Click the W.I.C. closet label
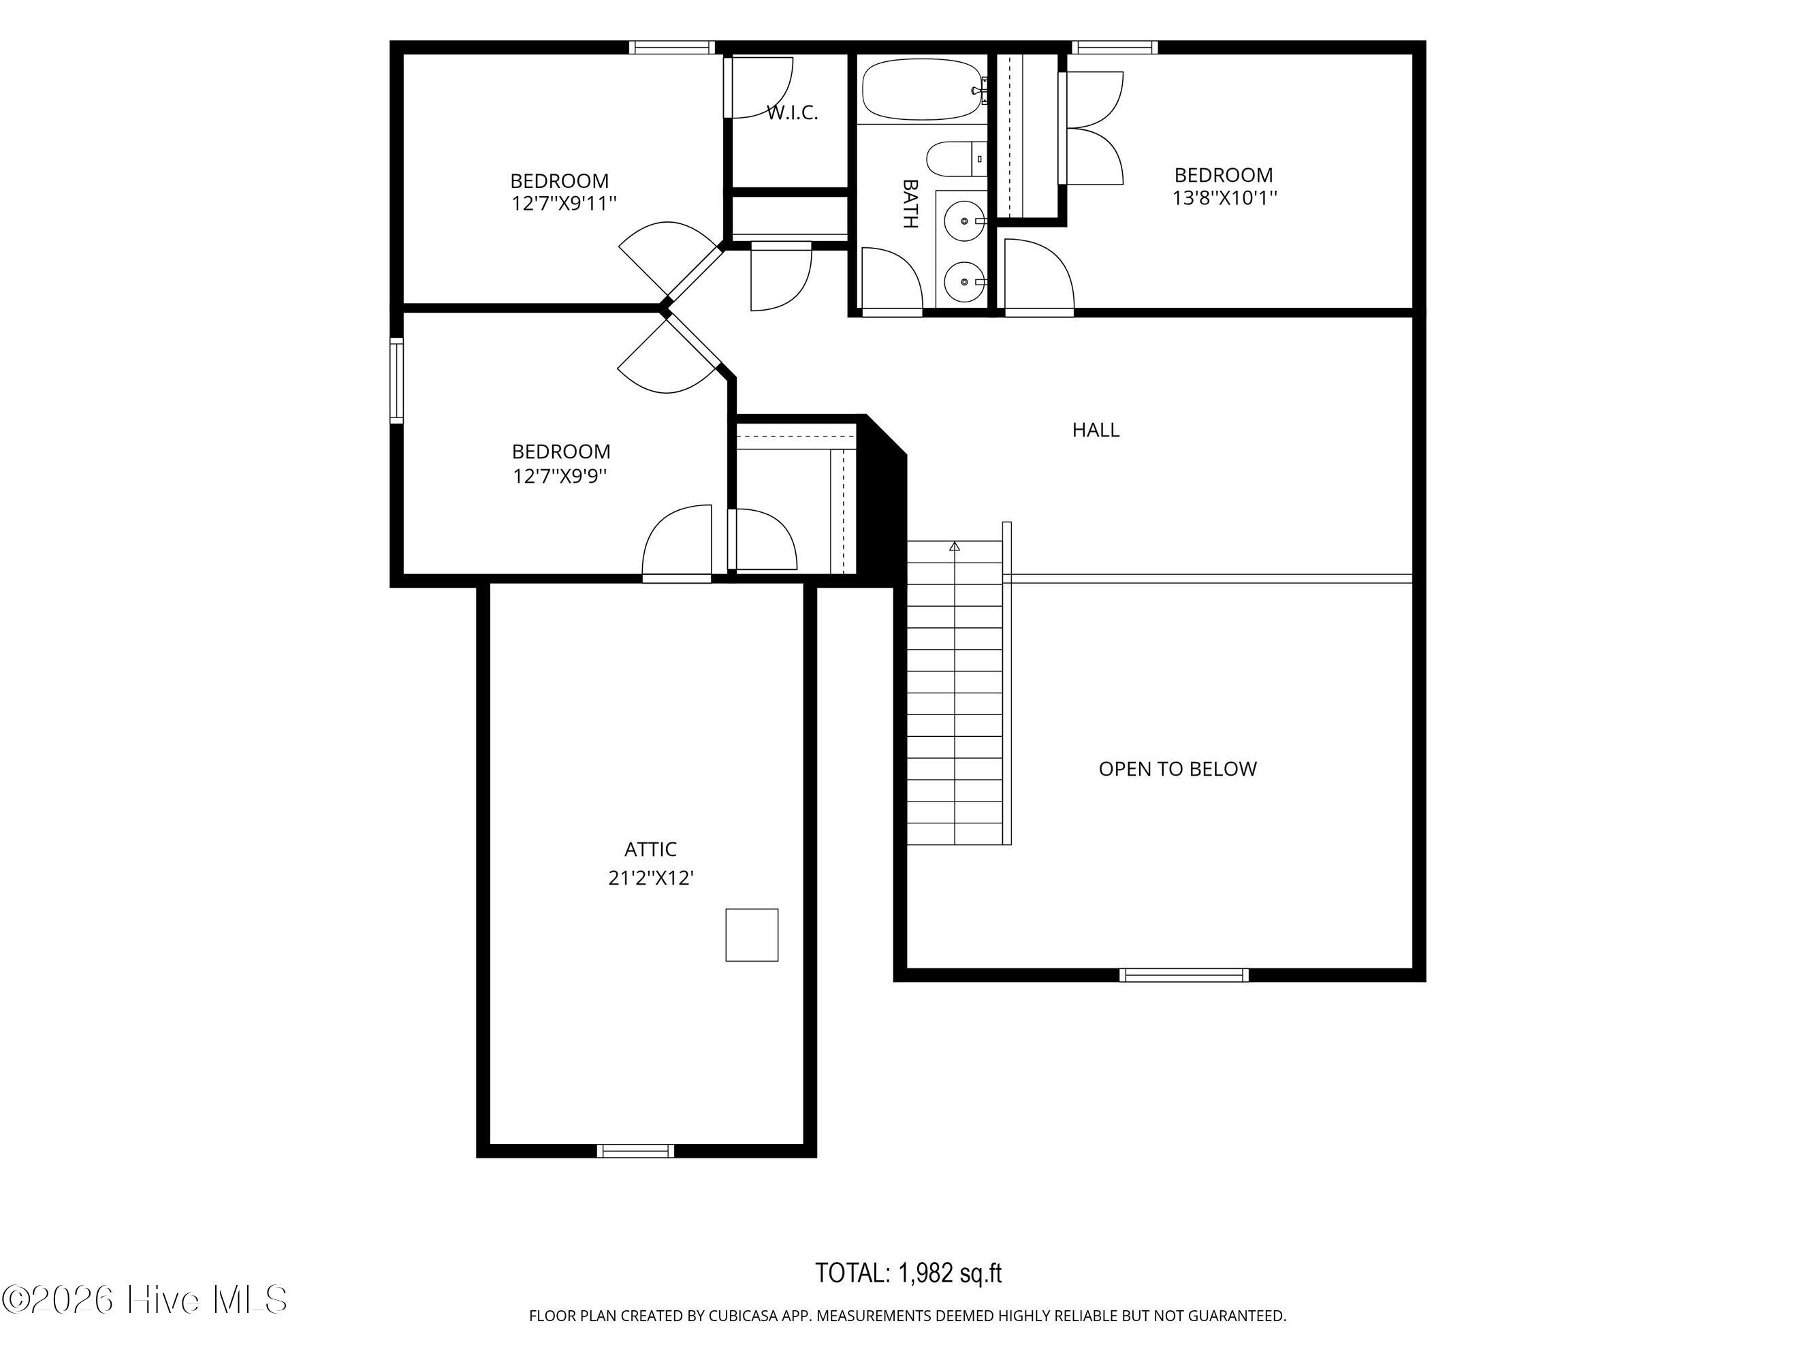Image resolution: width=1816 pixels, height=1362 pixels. (x=792, y=112)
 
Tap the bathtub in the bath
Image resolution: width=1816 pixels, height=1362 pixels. (x=922, y=89)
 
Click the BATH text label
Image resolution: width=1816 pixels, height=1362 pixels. (x=910, y=204)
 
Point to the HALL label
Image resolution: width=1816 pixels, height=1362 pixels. (x=1095, y=430)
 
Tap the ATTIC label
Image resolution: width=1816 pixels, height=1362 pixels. (x=650, y=849)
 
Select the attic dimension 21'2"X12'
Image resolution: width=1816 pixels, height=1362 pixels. (x=651, y=878)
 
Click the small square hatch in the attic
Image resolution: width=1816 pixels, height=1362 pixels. (x=751, y=934)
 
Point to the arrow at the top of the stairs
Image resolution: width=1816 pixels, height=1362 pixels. (x=954, y=546)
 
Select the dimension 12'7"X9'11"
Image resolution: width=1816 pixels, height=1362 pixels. (x=563, y=203)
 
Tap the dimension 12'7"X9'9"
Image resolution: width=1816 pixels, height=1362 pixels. (x=560, y=475)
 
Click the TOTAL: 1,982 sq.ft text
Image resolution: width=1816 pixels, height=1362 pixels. (x=908, y=1273)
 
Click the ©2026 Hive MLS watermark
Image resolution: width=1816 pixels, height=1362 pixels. (x=144, y=1299)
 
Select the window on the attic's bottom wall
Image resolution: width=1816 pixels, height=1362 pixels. (x=635, y=1151)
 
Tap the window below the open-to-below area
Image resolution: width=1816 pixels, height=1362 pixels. (x=1184, y=975)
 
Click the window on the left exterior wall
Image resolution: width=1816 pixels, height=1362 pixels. (x=396, y=380)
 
